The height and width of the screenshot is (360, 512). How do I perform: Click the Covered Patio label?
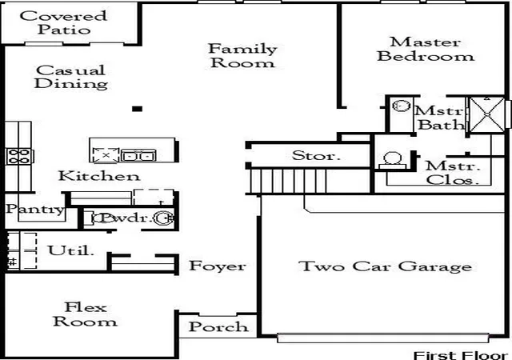63,22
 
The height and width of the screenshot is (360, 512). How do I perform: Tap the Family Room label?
242,55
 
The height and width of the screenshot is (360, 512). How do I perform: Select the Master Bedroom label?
426,49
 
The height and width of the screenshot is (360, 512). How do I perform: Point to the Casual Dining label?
71,77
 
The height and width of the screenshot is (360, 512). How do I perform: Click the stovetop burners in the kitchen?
19,156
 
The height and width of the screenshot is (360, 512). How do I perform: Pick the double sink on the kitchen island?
138,155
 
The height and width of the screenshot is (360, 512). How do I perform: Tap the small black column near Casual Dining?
137,109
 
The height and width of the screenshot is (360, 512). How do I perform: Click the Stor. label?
316,155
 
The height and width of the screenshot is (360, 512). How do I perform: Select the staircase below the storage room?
288,181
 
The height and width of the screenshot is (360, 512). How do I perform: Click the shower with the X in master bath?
487,114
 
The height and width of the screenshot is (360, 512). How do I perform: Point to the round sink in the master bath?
401,106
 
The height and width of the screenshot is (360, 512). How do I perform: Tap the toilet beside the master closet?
393,160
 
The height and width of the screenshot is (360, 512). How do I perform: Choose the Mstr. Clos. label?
453,173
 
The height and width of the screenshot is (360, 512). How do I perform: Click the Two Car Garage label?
386,266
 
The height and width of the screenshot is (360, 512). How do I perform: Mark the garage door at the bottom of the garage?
382,338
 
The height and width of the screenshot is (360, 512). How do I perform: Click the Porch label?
218,326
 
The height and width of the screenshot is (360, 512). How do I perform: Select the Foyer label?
218,266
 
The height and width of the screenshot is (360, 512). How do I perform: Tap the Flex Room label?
85,314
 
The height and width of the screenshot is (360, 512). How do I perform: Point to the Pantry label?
35,209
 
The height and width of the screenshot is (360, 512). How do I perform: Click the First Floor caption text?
461,355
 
